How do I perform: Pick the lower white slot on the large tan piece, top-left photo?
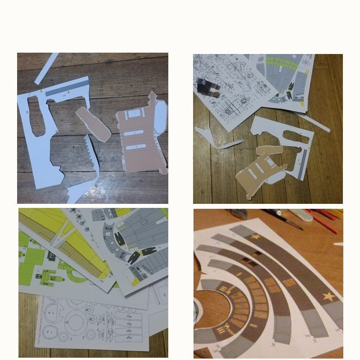[135, 147]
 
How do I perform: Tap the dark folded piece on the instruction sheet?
[208, 86]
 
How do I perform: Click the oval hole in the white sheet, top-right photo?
[295, 137]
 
